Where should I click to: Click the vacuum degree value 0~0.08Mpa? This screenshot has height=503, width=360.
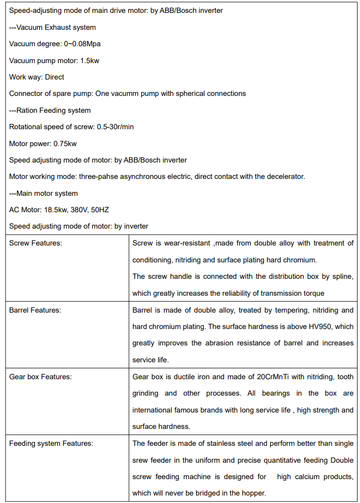click(82, 44)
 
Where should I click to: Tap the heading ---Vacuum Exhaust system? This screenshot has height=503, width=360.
click(52, 27)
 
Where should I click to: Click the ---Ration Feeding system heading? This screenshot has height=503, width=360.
click(50, 110)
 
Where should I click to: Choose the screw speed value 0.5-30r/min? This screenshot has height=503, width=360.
click(115, 127)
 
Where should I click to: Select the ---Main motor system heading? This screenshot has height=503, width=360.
click(43, 193)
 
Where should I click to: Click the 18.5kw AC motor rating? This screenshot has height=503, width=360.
click(55, 210)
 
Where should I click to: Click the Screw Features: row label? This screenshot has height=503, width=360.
click(35, 243)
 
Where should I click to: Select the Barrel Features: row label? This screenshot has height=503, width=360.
click(35, 310)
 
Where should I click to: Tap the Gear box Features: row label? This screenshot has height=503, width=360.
click(40, 377)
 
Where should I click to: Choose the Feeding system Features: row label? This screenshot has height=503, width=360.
click(51, 443)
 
